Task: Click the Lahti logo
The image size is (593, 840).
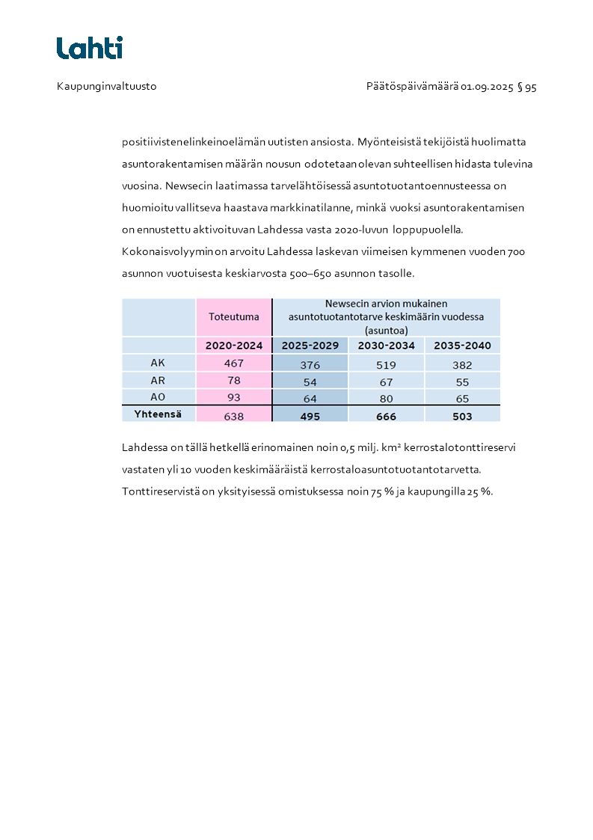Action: pyautogui.click(x=90, y=48)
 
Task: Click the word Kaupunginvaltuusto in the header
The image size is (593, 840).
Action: pyautogui.click(x=106, y=87)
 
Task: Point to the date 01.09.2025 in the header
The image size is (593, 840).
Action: pyautogui.click(x=487, y=87)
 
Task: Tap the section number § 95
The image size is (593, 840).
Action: pyautogui.click(x=527, y=87)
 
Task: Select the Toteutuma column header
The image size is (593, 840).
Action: pyautogui.click(x=234, y=316)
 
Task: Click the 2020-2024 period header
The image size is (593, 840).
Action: pyautogui.click(x=234, y=346)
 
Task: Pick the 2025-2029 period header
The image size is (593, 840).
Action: pyautogui.click(x=310, y=346)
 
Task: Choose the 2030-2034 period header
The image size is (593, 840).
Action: pyautogui.click(x=387, y=346)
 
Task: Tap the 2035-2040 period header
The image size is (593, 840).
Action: pyautogui.click(x=462, y=346)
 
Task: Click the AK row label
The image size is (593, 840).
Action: pyautogui.click(x=158, y=363)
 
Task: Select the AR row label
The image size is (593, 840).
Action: pyautogui.click(x=158, y=381)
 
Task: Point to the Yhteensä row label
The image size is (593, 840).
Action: pyautogui.click(x=159, y=414)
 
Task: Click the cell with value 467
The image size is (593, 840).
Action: pyautogui.click(x=234, y=364)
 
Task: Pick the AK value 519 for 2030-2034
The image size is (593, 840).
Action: pyautogui.click(x=387, y=365)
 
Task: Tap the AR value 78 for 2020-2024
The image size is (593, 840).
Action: pyautogui.click(x=234, y=381)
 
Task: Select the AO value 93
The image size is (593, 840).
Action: pyautogui.click(x=234, y=397)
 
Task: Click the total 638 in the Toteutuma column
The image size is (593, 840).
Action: pyautogui.click(x=234, y=415)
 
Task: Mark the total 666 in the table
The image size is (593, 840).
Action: pyautogui.click(x=387, y=416)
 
